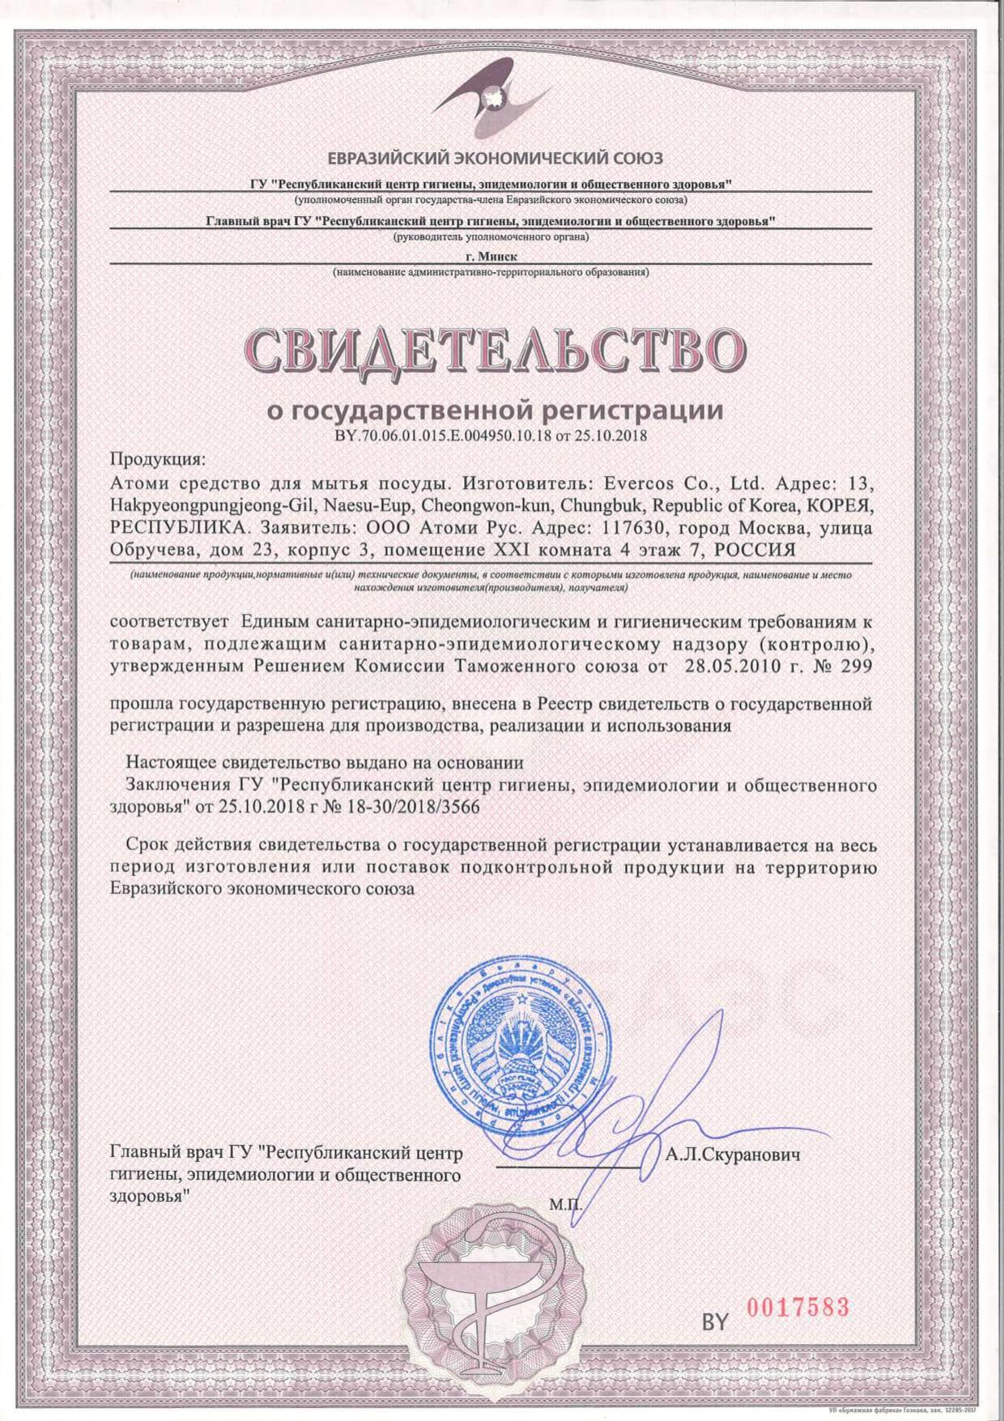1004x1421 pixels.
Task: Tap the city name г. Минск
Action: (490, 256)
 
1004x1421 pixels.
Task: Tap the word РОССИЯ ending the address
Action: (756, 551)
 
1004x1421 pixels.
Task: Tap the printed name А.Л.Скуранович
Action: (733, 1154)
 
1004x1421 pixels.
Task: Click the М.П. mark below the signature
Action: (565, 1204)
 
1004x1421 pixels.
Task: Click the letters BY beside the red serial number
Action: (715, 1321)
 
